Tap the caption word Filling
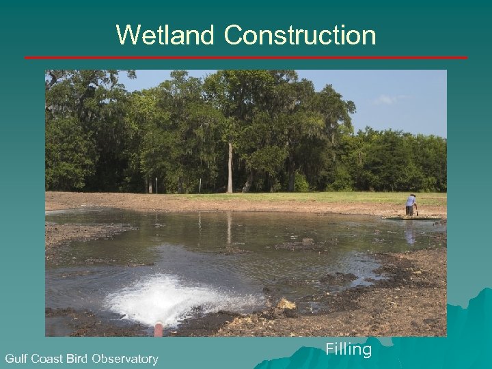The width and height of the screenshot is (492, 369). pos(348,350)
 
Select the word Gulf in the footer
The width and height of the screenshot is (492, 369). pos(17,359)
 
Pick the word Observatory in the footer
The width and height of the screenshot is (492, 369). pos(126,359)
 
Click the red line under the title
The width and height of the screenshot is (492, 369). pos(246,57)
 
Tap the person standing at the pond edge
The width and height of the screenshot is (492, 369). pos(411,205)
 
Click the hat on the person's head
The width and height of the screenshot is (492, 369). pos(412,196)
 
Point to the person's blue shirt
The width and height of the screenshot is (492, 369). pos(410,202)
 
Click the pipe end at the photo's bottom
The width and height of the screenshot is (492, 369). pos(159,330)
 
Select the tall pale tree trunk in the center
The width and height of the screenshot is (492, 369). pos(230,167)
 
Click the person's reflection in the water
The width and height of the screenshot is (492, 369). pos(410,234)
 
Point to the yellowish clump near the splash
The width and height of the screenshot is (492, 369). pos(286,304)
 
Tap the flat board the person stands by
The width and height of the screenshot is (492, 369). pos(410,218)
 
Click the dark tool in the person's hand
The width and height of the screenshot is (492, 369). pos(416,210)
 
